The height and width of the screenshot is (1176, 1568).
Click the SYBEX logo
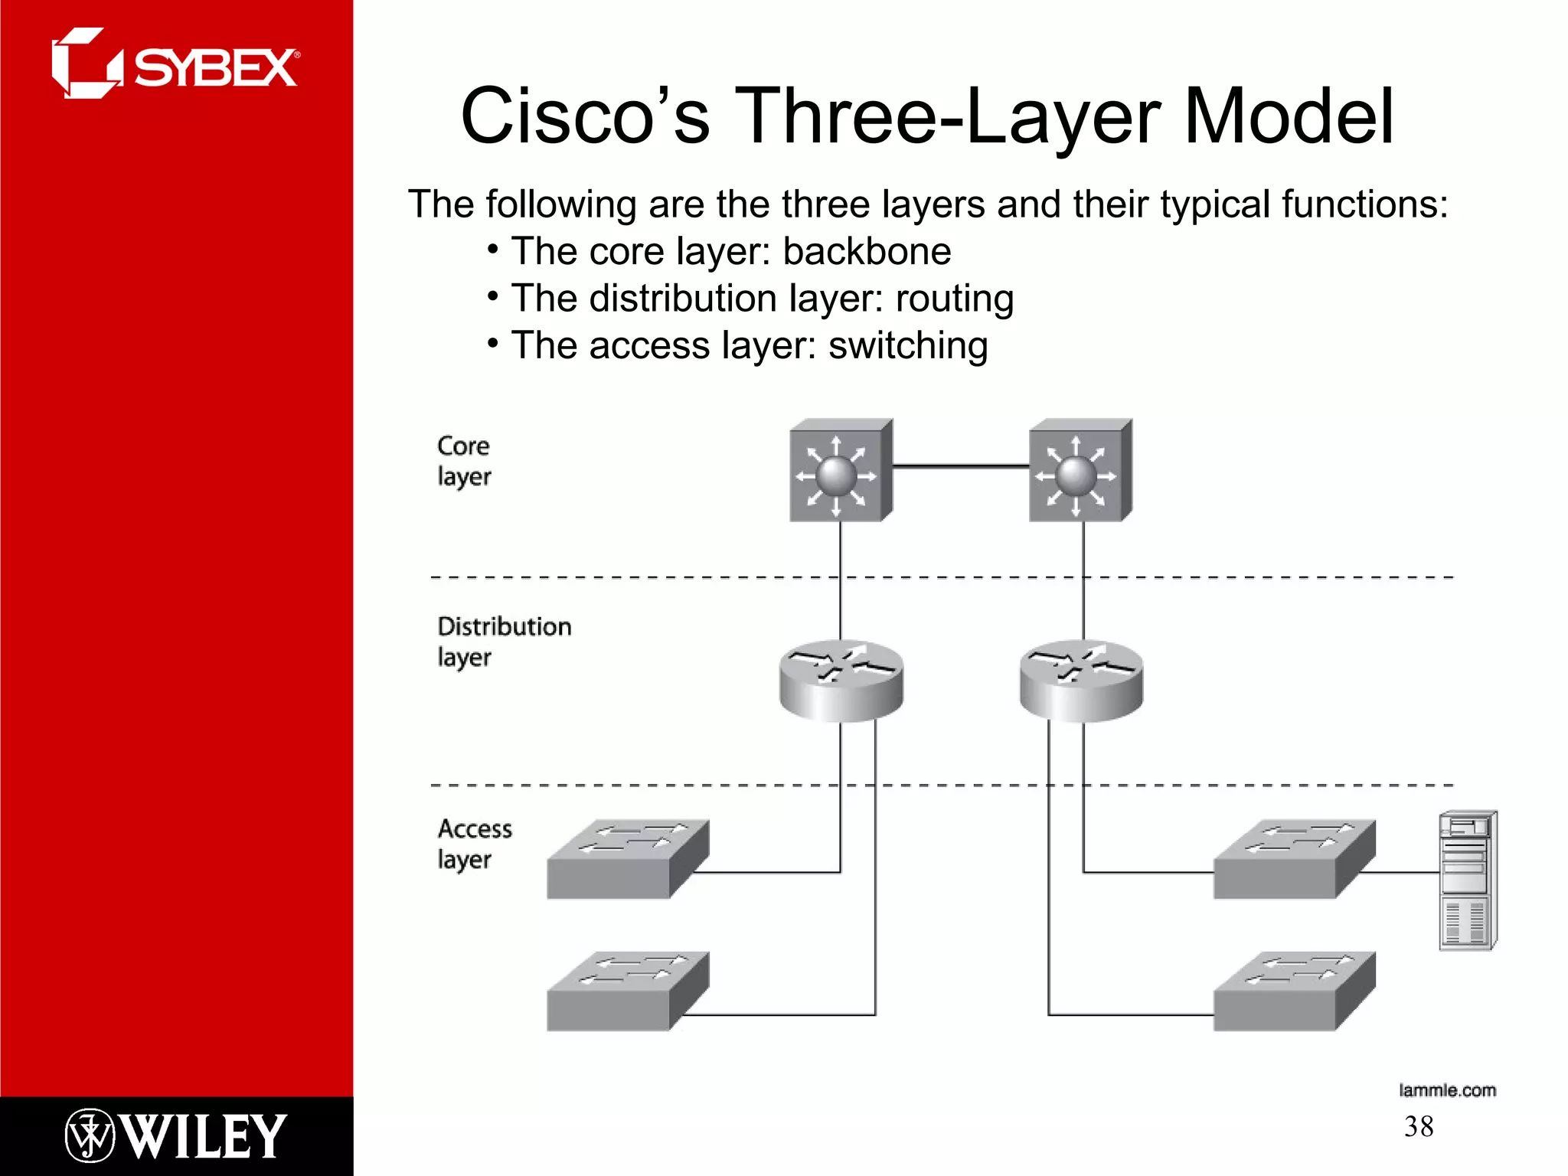[175, 64]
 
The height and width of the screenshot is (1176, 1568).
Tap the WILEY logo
[175, 1136]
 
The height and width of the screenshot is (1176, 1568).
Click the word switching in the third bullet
[908, 345]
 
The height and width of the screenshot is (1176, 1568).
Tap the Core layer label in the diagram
[464, 461]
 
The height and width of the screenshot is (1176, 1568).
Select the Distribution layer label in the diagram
[504, 642]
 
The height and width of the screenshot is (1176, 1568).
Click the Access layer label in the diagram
[475, 844]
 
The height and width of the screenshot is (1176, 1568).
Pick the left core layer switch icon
[841, 471]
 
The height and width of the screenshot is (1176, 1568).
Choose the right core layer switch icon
[1080, 471]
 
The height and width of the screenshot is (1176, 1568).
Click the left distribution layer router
[841, 681]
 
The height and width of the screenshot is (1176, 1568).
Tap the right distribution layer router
[1081, 681]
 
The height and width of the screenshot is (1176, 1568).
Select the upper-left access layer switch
[627, 859]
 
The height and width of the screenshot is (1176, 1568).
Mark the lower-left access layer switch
[627, 991]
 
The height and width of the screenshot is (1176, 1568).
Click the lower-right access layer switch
[1294, 991]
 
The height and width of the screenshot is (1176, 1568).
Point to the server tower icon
[1468, 880]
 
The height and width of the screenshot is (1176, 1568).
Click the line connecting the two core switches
[961, 465]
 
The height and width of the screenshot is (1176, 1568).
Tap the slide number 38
[1419, 1127]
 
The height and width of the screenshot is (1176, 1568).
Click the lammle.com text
[1447, 1090]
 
